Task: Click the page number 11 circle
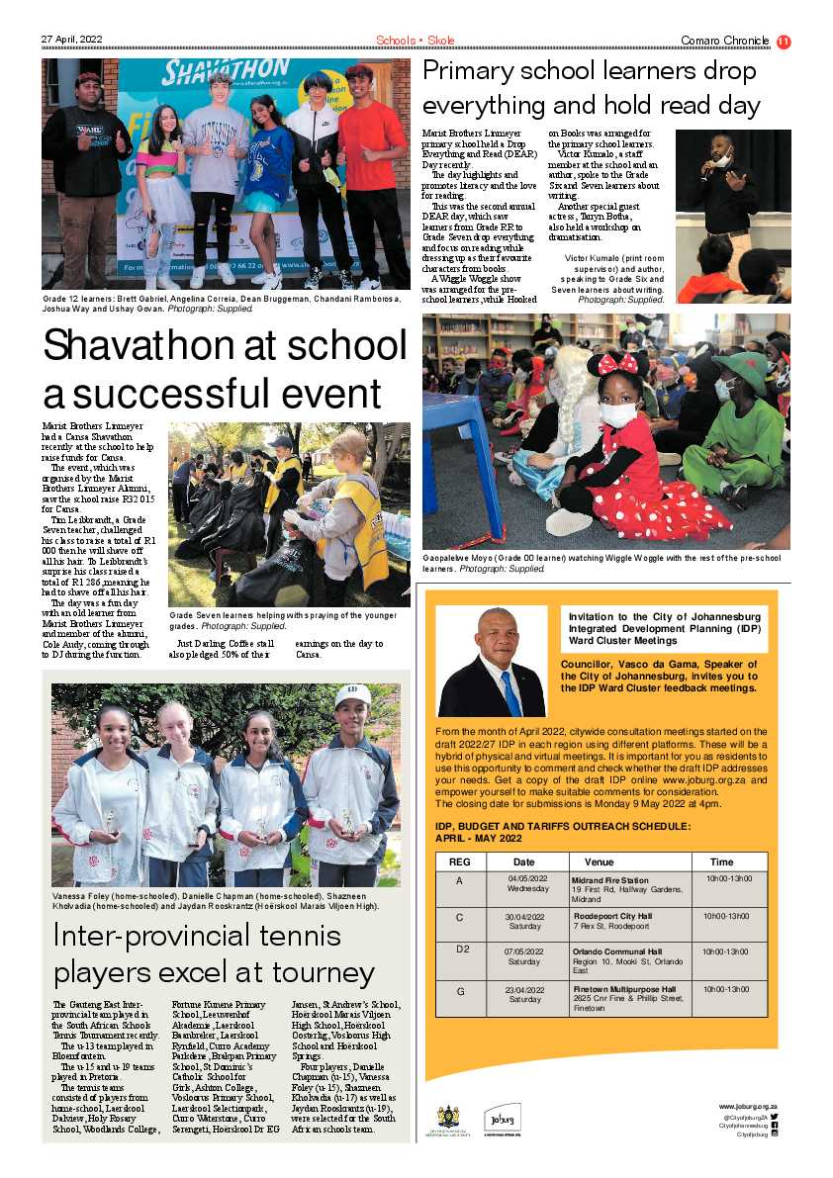tap(784, 41)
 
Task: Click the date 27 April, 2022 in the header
tap(72, 41)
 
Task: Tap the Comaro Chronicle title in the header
tap(724, 41)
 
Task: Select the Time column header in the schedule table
tap(721, 861)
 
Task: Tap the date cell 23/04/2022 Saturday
tap(524, 994)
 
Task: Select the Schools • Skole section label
tap(415, 41)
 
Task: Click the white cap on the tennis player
tap(352, 695)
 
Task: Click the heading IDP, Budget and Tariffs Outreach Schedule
tap(564, 832)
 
